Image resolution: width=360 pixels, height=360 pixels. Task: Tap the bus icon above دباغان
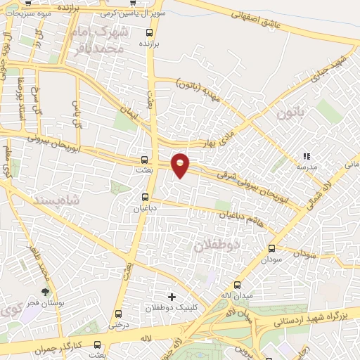[145, 196]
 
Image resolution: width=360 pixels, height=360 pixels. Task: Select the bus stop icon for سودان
[272, 247]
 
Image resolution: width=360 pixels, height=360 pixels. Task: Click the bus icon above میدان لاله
[237, 285]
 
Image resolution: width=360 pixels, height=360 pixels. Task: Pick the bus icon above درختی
[117, 314]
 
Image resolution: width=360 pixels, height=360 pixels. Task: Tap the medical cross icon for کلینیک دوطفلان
[172, 296]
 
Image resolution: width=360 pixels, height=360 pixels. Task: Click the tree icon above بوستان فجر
[46, 291]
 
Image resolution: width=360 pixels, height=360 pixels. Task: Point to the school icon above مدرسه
[306, 156]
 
